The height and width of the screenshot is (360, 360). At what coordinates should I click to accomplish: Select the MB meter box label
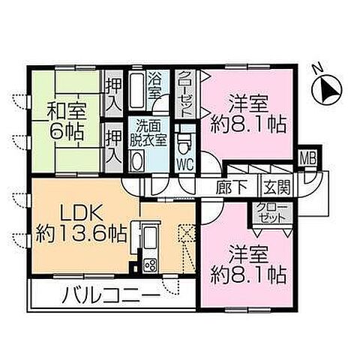[307, 157]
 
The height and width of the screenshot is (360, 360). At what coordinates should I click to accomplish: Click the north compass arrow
[327, 93]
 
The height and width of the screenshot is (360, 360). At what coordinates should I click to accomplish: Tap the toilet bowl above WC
[183, 141]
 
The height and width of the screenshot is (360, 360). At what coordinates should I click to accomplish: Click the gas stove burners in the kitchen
[147, 265]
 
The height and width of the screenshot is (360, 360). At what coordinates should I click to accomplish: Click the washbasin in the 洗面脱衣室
[137, 160]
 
